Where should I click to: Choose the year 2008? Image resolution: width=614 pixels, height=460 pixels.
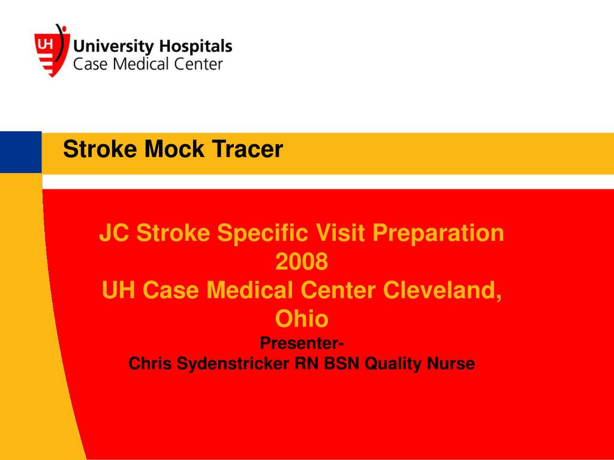pyautogui.click(x=302, y=262)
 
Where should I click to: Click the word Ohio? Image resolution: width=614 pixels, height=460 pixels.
pyautogui.click(x=302, y=319)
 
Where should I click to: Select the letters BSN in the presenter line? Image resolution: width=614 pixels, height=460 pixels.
pyautogui.click(x=344, y=364)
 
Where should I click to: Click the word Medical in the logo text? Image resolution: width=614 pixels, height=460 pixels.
pyautogui.click(x=134, y=64)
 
